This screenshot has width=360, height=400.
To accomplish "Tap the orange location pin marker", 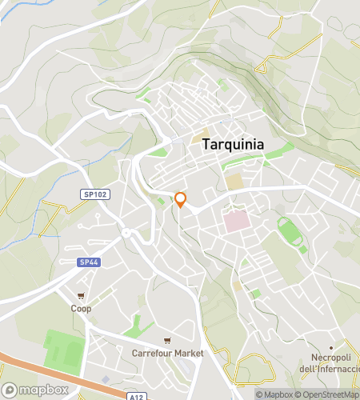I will tap(181, 200).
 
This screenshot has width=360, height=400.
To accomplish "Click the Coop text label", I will tap(80, 308).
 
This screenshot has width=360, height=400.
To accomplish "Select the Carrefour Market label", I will tap(168, 353).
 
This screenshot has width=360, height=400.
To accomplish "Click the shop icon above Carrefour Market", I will tap(167, 340).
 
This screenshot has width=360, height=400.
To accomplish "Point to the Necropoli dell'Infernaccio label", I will tap(326, 362).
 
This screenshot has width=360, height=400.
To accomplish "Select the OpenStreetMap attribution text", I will tap(328, 394).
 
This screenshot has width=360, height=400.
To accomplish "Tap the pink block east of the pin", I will tap(236, 221).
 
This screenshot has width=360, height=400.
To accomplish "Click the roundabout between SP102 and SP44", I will tap(126, 234).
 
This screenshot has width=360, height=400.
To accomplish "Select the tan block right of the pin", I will tap(234, 182).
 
